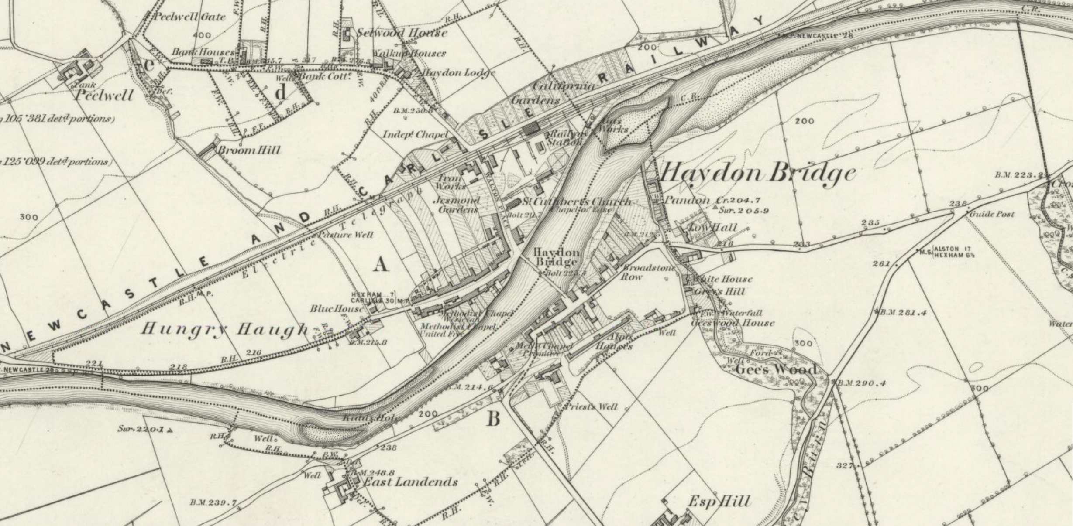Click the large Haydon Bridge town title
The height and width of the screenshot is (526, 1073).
(757, 174)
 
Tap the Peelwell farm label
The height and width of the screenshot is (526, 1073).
(103, 95)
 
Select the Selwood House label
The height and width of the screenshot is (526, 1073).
(402, 33)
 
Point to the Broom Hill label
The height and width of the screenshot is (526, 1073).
(249, 150)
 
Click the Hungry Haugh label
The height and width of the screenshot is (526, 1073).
(225, 329)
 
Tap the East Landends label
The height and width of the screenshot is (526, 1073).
(410, 482)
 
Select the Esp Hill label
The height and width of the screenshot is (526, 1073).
(719, 502)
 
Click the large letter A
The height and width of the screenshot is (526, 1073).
(381, 264)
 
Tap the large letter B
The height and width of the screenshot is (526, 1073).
(493, 419)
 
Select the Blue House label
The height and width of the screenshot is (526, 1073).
(336, 309)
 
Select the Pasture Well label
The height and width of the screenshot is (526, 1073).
(346, 235)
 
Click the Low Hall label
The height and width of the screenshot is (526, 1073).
(712, 227)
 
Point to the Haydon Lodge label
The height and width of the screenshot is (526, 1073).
(458, 73)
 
